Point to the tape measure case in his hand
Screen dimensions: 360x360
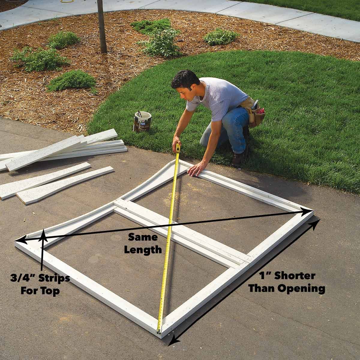178,148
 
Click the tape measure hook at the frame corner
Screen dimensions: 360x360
159,331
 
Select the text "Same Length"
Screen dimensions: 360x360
143,243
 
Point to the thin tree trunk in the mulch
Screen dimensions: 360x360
102,27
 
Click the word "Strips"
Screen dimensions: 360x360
53,278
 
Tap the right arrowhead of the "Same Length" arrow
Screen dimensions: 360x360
310,211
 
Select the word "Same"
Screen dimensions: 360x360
143,237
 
